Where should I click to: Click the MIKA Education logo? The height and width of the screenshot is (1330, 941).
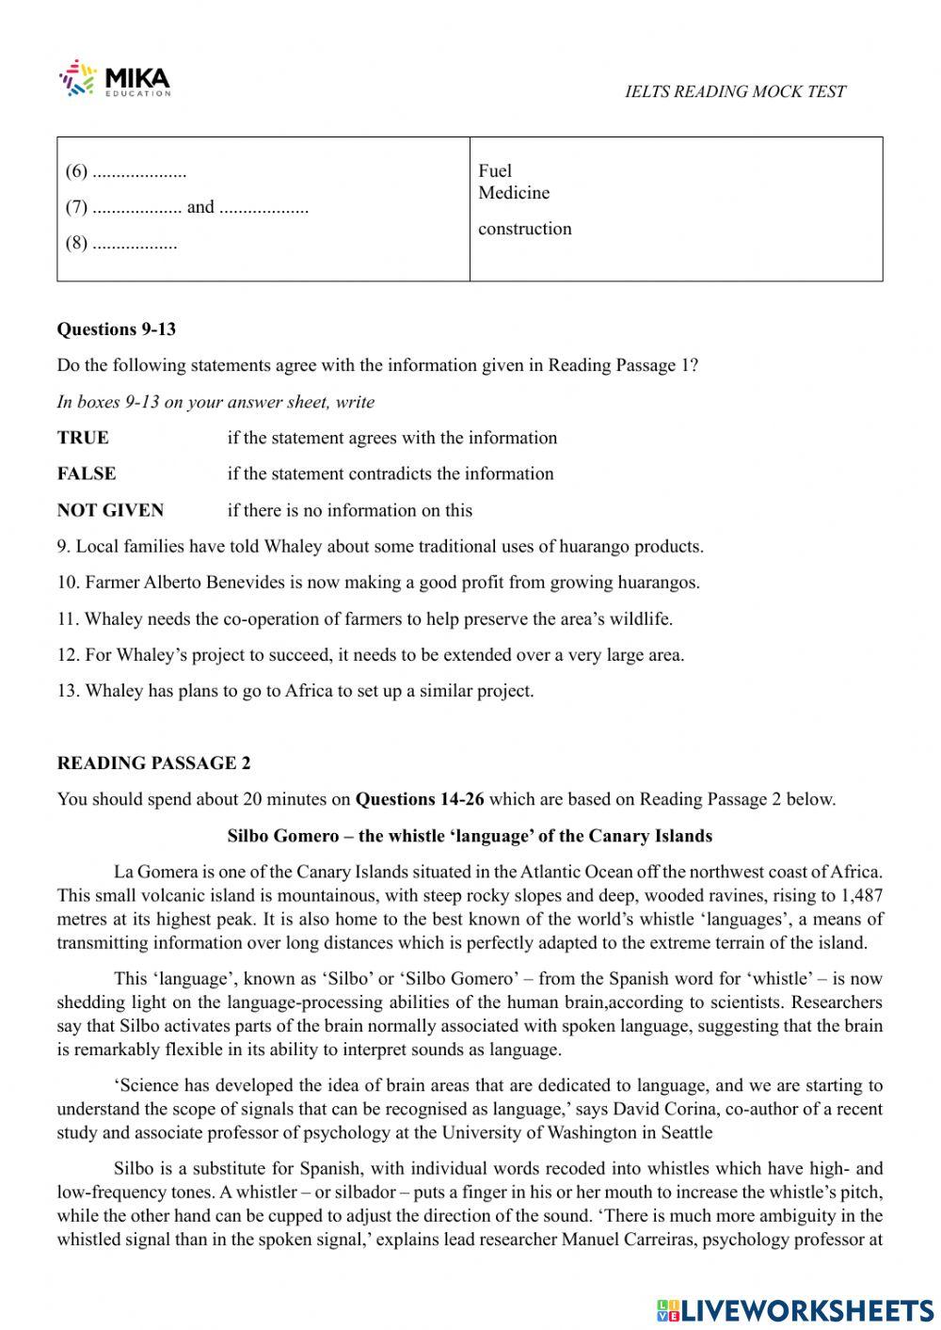tap(115, 79)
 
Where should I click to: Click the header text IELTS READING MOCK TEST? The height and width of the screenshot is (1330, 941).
tap(735, 91)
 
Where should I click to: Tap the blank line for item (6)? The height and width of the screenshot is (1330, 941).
tap(139, 172)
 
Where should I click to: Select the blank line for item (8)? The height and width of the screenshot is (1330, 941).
tap(135, 244)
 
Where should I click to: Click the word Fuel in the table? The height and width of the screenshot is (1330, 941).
tap(495, 170)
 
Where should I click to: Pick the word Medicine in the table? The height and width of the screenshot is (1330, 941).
tap(514, 193)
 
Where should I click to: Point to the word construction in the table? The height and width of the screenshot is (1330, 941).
tap(524, 229)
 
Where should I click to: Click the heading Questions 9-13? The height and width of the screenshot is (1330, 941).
tap(117, 329)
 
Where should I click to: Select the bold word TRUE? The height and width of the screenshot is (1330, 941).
tap(83, 438)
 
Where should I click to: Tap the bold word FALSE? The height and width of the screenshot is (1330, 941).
tap(87, 473)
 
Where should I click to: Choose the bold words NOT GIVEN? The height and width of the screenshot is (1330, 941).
tap(110, 510)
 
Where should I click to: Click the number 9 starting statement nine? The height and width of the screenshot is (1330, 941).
tap(62, 547)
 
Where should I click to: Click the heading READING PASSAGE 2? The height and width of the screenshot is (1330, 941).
tap(153, 763)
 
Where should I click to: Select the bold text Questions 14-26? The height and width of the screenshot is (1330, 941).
tap(420, 800)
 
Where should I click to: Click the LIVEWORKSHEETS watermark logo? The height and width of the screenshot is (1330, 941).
tap(795, 1309)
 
